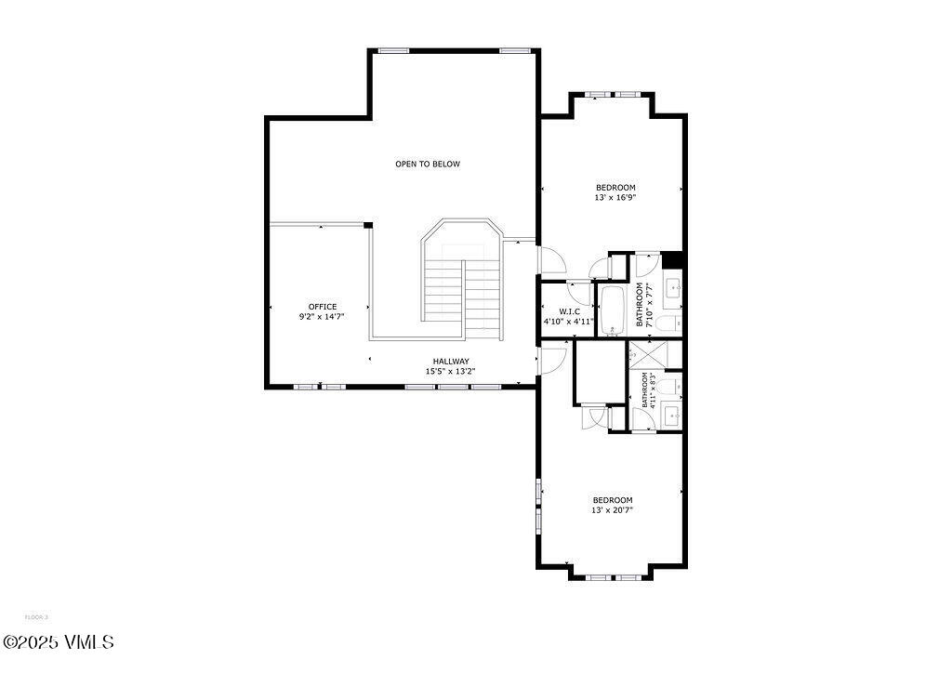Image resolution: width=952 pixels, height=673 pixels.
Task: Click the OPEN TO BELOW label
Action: pos(427,164)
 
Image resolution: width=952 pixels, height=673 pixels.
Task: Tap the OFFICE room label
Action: pos(323,307)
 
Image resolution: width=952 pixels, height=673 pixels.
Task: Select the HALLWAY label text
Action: pos(450,362)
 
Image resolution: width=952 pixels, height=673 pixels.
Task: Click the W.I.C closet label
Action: pos(569,310)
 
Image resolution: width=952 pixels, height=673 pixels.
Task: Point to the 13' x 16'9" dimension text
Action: pos(615,197)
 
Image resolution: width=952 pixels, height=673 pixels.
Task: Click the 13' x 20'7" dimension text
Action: pos(612,509)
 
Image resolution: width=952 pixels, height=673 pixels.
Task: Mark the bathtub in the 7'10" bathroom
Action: pos(612,310)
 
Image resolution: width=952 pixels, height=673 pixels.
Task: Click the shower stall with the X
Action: pos(642,354)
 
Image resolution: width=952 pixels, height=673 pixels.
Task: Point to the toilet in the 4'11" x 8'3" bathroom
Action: pos(672,383)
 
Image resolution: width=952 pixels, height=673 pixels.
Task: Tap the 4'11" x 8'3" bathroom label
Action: pos(649,389)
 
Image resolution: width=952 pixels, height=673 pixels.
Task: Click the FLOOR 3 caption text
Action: pos(36,617)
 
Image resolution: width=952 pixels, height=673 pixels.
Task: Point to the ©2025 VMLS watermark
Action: pos(58,642)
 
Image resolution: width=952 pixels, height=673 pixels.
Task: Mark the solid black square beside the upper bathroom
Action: pos(673,260)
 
